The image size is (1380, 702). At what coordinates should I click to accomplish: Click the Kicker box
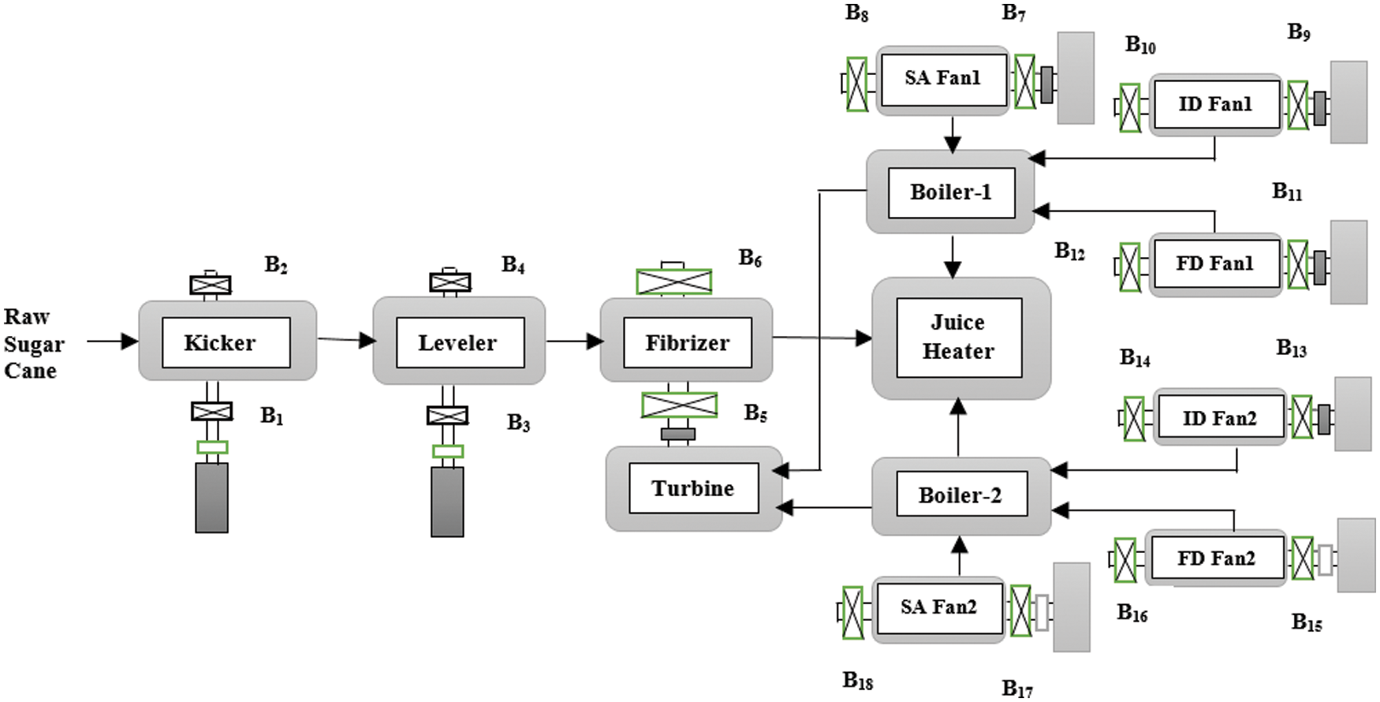pos(226,342)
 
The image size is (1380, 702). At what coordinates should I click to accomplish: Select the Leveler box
pos(460,342)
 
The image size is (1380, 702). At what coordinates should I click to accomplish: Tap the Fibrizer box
pos(687,342)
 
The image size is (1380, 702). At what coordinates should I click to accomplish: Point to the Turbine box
pos(693,488)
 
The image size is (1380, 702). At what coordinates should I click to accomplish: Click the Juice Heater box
pos(959,338)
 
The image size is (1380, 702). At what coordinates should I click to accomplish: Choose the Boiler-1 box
pos(951,192)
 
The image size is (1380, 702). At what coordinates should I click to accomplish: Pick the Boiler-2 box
pos(961,495)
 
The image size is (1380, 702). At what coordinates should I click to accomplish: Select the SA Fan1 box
pos(943,79)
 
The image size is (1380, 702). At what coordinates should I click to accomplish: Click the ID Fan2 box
pos(1220,418)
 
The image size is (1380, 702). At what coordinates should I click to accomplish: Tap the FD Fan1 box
pos(1215,263)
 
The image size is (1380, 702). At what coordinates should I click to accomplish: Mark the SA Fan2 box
pos(939,607)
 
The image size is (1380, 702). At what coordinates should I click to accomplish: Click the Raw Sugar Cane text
pos(33,344)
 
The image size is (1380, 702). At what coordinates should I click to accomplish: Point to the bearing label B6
pos(750,258)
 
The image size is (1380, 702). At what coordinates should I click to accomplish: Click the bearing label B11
pos(1287,191)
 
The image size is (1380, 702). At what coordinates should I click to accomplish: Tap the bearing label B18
pos(858,680)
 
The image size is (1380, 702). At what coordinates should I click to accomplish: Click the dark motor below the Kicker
pos(211,498)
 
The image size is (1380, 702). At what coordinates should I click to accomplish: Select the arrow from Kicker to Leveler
pos(346,340)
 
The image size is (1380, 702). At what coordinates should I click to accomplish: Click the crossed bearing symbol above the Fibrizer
pos(674,282)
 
